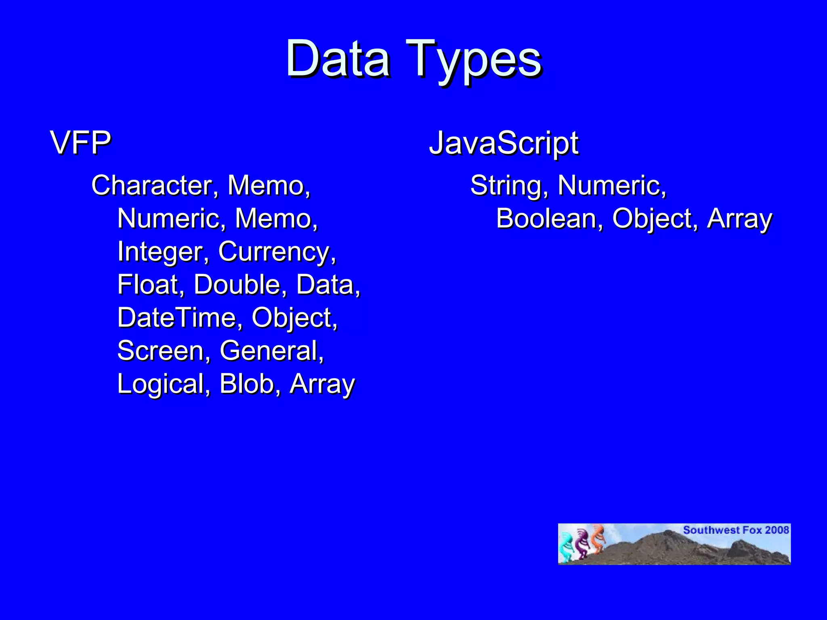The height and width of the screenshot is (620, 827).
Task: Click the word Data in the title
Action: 338,60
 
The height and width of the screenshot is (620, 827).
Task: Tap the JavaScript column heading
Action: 504,143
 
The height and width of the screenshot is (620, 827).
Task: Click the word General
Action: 271,351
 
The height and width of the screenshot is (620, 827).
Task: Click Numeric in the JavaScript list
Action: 611,186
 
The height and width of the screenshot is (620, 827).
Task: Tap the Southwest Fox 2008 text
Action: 736,530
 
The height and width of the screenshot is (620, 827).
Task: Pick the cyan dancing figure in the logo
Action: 567,547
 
